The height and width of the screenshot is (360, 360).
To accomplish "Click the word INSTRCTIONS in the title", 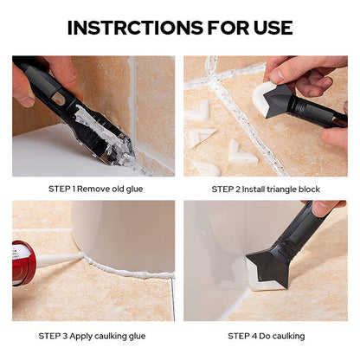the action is (x=135, y=28).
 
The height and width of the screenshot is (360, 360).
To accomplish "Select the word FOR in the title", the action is (x=228, y=28).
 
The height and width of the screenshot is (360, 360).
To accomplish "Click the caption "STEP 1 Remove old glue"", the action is (x=96, y=190).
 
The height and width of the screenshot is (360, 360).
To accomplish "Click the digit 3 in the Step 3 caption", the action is (x=65, y=336).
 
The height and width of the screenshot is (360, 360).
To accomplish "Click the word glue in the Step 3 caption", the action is (x=137, y=337).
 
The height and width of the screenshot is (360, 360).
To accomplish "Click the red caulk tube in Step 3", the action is (x=22, y=263).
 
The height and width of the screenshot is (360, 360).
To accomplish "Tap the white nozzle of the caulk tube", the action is (x=57, y=259).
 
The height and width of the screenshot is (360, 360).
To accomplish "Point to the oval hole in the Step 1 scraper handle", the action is (x=59, y=100).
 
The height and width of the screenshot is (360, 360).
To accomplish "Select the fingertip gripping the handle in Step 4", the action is (x=323, y=207).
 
